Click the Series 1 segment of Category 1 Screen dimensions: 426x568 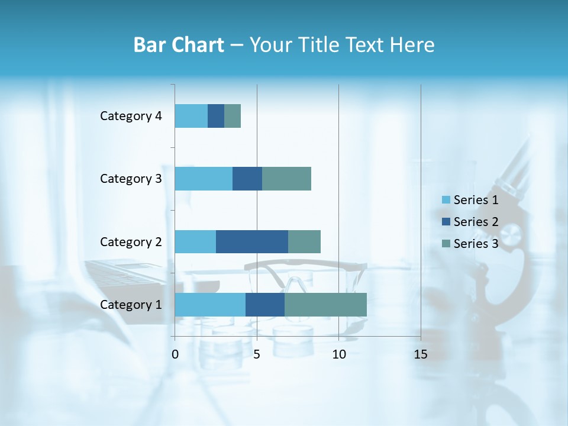click(x=210, y=305)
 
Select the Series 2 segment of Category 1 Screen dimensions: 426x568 click(x=265, y=305)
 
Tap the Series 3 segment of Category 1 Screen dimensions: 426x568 click(x=325, y=305)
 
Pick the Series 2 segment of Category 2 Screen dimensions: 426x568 click(x=252, y=241)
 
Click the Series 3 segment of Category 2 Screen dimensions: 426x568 click(x=304, y=241)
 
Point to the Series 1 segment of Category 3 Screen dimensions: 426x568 click(x=204, y=179)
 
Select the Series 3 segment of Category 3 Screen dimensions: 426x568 click(x=286, y=179)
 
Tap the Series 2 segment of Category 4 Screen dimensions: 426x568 click(x=216, y=116)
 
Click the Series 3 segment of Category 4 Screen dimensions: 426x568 click(x=233, y=116)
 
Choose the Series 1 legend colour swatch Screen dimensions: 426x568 click(x=446, y=200)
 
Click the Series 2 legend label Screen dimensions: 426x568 click(x=476, y=222)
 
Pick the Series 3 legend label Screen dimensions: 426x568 click(x=476, y=244)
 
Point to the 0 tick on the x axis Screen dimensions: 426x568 click(x=175, y=354)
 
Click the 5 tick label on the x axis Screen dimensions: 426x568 click(x=257, y=354)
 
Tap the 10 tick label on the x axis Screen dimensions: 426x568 click(x=338, y=354)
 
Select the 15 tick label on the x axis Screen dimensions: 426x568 click(x=421, y=354)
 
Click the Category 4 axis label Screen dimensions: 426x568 click(x=131, y=116)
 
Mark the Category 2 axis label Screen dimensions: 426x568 click(x=131, y=241)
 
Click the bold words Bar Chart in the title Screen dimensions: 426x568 click(x=179, y=45)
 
